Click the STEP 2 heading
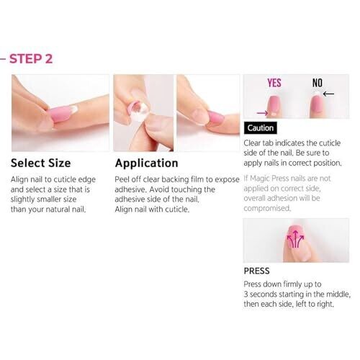coord(31,59)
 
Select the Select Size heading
coord(41,163)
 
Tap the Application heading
coord(146,163)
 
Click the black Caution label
coord(261,128)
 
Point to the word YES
coord(274,83)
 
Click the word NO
coord(317,83)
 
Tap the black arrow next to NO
coord(328,94)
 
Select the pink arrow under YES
coord(262,113)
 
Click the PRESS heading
coord(256,271)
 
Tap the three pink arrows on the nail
coord(295,239)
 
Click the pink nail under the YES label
coord(274,106)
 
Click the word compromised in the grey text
coord(267,208)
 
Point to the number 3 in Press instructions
coord(246,294)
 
